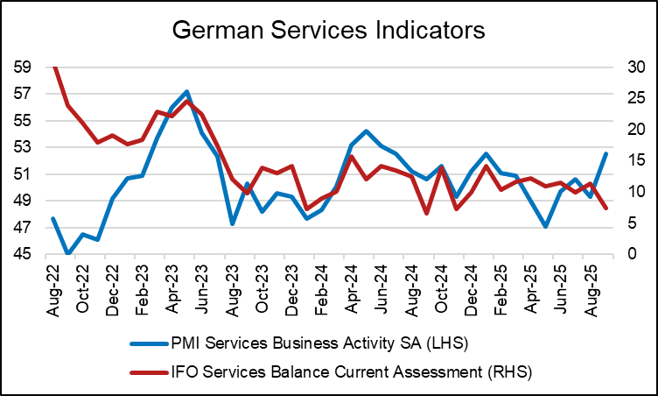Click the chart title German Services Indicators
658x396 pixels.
(328, 31)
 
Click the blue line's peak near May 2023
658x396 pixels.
(187, 91)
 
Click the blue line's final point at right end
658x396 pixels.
(605, 153)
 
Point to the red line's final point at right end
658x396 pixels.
(605, 208)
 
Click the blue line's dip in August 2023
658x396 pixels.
(232, 224)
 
